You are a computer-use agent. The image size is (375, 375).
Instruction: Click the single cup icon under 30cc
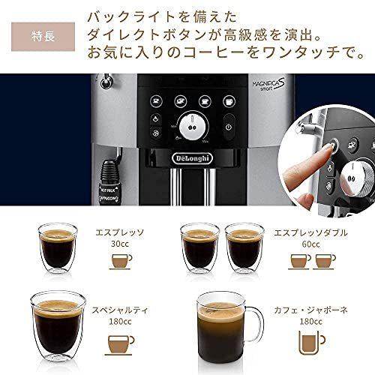[121, 262]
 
